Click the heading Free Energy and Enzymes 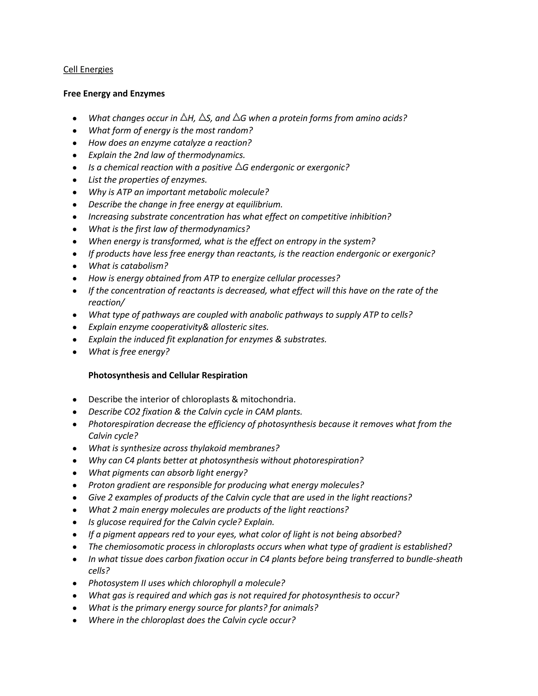point(114,94)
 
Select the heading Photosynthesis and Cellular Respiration point(168,375)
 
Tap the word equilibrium point(260,204)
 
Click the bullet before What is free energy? point(75,352)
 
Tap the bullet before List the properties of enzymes point(75,180)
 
